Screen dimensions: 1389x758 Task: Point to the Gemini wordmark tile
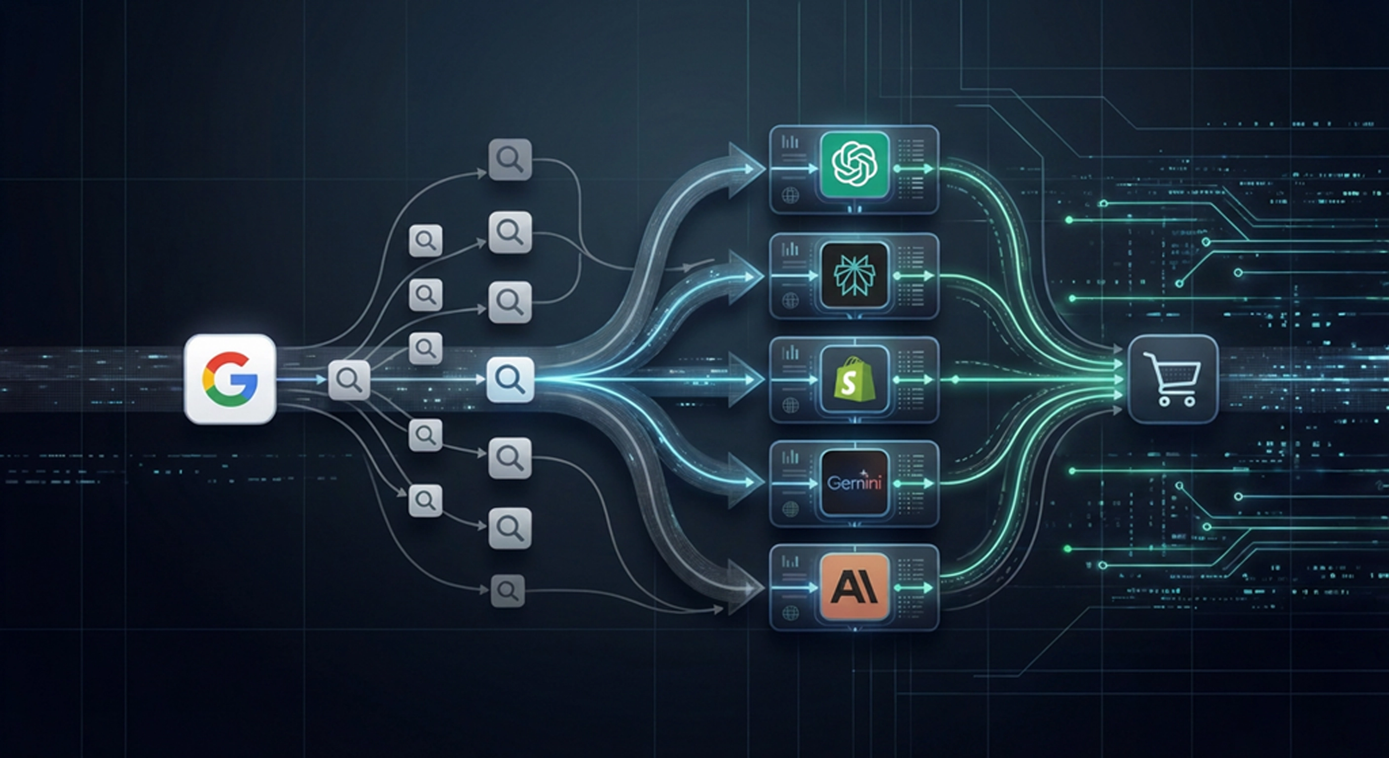pos(855,482)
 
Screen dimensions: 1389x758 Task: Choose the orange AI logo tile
pos(855,587)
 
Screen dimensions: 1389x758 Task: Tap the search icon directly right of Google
pos(349,380)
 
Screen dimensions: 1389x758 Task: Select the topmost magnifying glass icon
pos(510,159)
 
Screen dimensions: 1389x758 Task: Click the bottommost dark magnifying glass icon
pos(508,591)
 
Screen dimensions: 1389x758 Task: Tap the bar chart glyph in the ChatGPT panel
pos(790,143)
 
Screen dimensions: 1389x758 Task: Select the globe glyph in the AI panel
pos(791,613)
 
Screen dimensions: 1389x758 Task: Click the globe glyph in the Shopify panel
pos(791,405)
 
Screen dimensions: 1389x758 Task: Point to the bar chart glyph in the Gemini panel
pos(790,457)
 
